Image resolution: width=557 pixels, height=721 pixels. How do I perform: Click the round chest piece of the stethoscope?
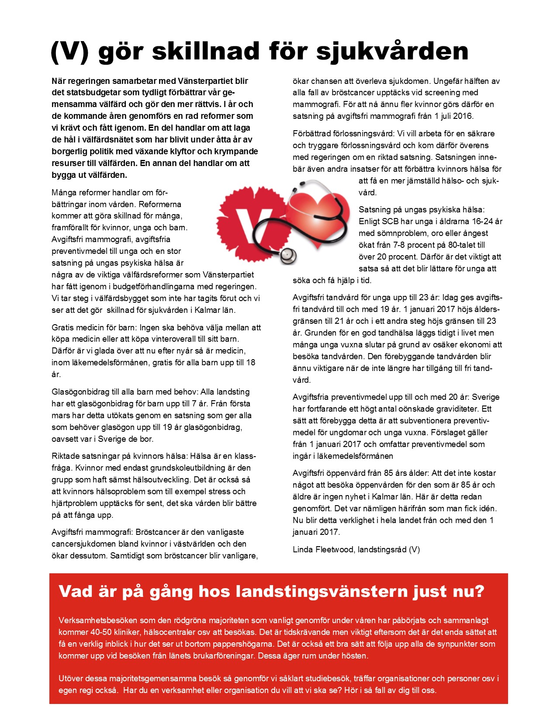click(x=287, y=255)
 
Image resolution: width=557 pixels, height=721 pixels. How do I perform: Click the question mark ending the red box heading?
click(x=479, y=591)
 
